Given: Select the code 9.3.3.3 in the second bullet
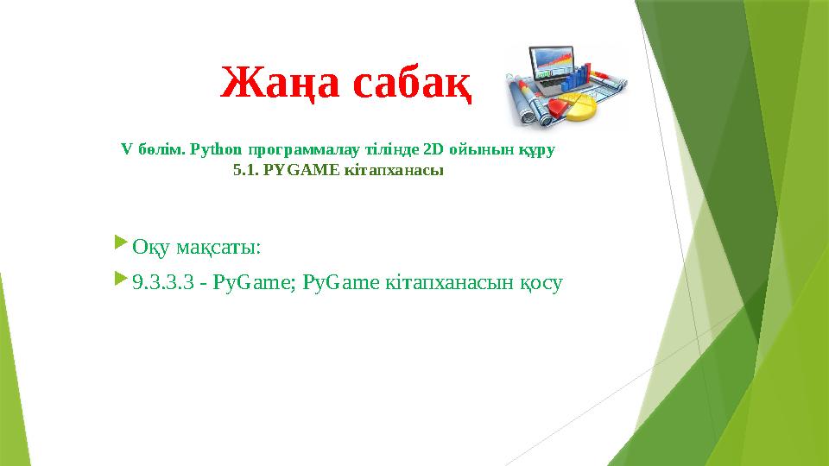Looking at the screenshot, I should point(163,281).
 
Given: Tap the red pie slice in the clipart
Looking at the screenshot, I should point(562,106).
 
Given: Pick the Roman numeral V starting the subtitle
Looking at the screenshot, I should point(126,149).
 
